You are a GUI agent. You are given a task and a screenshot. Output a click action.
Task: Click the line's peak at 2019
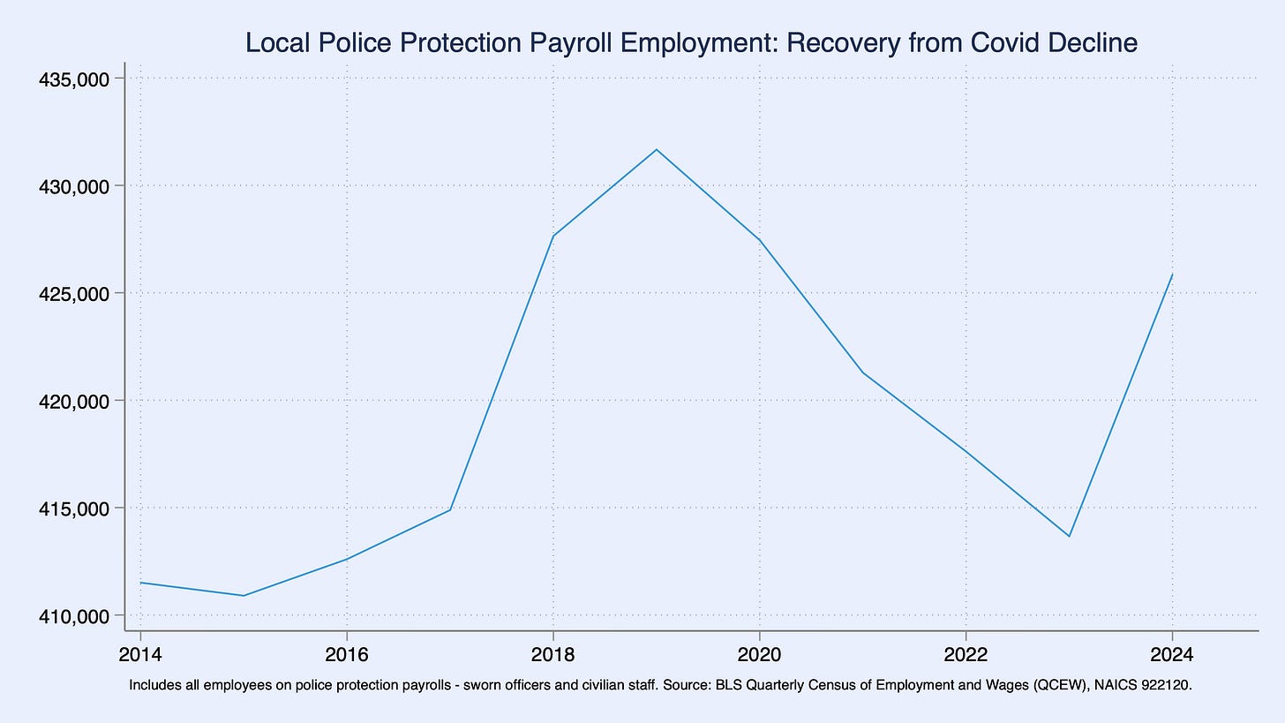tap(657, 149)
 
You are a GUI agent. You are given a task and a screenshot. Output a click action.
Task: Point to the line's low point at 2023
tap(1070, 537)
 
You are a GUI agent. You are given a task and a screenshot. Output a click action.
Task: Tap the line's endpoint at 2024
tap(1173, 275)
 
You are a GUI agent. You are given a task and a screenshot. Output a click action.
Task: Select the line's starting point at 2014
tap(140, 583)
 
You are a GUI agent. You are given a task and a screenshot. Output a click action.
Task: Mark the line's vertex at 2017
tap(450, 509)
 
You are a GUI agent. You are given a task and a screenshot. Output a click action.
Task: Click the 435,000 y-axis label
tap(74, 79)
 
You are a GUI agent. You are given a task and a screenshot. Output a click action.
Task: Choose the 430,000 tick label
tap(74, 186)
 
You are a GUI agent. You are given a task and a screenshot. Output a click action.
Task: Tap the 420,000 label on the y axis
tap(74, 401)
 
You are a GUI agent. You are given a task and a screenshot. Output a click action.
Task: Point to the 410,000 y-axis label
tap(74, 616)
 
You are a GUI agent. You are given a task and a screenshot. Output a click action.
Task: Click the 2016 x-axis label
tap(347, 654)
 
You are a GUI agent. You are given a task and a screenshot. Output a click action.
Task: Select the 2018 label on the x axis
tap(553, 654)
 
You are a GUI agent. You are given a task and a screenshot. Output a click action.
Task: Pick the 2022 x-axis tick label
tap(966, 654)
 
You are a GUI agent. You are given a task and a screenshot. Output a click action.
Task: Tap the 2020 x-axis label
tap(760, 654)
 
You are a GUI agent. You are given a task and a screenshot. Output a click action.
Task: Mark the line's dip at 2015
tap(244, 595)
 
